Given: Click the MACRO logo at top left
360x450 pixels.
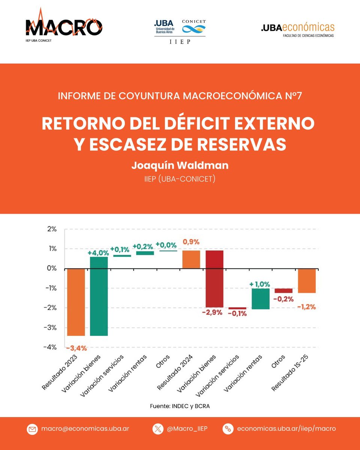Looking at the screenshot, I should point(64,27).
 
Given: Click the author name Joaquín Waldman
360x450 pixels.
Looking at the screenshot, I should point(180,165).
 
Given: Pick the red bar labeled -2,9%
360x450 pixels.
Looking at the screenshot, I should point(214,279).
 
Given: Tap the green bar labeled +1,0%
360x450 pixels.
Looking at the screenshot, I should point(260,298).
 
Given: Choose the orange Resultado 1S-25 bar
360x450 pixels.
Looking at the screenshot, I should point(307,280).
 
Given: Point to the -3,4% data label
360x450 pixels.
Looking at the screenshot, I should point(76,348).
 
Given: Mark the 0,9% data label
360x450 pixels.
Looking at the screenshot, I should point(191,242).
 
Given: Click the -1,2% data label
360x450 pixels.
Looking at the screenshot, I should point(307,307).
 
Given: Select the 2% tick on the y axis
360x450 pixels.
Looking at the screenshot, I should point(51,229).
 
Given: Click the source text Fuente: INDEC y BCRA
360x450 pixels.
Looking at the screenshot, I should point(179,406).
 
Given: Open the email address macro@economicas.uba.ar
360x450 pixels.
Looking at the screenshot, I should point(85,429).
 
